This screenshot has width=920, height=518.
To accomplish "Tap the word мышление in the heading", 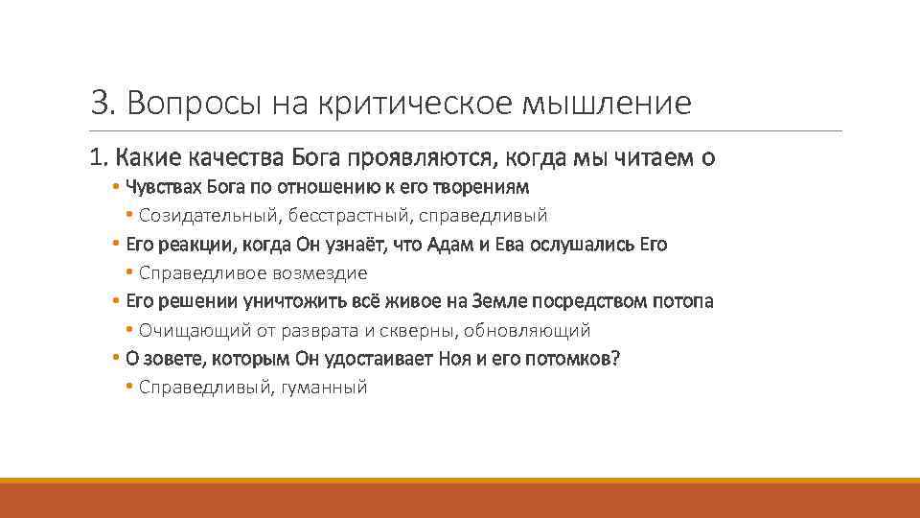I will [x=606, y=103].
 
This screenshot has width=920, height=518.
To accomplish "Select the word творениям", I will [x=487, y=186].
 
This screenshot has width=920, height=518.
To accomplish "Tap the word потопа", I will [x=681, y=301].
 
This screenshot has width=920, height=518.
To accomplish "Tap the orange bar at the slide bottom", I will [x=460, y=499].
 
